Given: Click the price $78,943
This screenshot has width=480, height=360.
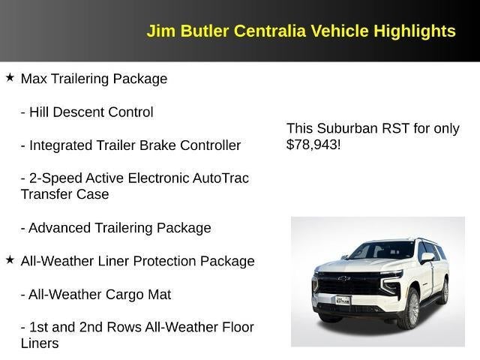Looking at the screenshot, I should pos(312,145).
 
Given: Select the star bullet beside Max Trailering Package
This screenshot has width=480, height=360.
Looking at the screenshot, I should pos(10,77).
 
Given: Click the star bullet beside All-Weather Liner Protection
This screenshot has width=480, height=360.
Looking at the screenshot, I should pos(10,259).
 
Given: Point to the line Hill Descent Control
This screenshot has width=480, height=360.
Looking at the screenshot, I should pos(87,112).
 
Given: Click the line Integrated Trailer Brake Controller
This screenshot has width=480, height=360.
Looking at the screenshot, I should pos(130,145).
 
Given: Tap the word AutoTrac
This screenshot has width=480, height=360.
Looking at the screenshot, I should pos(219,178).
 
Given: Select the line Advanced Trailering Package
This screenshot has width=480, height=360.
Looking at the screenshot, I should pos(115,228).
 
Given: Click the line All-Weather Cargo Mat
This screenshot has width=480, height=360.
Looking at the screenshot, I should pos(96,295).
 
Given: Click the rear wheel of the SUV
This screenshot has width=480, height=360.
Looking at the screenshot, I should pos(444,291).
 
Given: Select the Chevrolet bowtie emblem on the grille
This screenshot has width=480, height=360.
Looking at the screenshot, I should pos(343,279).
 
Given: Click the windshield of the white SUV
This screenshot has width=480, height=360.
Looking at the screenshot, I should pos(381,250).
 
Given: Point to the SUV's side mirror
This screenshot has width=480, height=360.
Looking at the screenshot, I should pos(427,257).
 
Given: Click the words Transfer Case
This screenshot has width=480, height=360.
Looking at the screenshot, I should pos(64,194).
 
